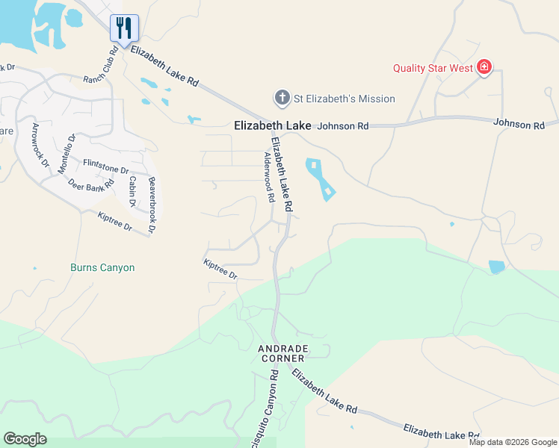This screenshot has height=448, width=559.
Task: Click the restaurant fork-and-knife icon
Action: point(124,29)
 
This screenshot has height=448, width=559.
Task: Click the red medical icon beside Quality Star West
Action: point(485,68)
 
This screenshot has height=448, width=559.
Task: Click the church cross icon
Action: point(282,98)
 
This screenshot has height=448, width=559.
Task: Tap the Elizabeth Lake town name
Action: point(272,126)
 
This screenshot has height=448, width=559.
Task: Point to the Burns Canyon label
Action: point(102,267)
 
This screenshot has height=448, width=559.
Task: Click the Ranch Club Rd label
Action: point(102,68)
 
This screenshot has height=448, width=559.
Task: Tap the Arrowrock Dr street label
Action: point(40,150)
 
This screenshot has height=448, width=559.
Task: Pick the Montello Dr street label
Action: point(67,153)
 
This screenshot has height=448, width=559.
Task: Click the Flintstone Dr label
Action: point(106,167)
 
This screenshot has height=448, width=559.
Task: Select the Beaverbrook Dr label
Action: point(152,205)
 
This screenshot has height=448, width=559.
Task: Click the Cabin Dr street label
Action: point(132,192)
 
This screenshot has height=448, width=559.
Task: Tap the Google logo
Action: point(25,439)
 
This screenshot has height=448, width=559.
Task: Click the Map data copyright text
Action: point(513,442)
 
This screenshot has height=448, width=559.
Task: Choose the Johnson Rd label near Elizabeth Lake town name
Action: point(343,126)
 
